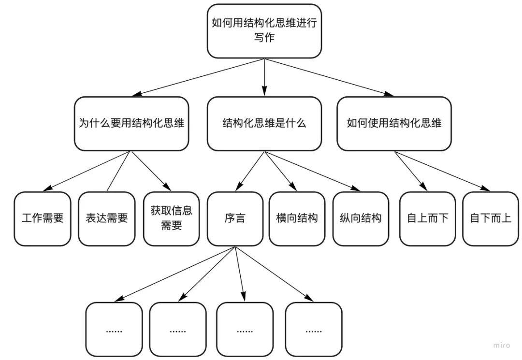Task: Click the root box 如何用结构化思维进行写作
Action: pos(264,30)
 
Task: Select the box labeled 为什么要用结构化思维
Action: pos(131,123)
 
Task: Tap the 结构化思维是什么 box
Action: pos(264,123)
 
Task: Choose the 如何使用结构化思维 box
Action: pos(394,123)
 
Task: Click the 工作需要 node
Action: pos(43,218)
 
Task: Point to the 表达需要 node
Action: pos(106,218)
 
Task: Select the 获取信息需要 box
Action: pos(171,218)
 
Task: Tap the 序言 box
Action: pos(235,218)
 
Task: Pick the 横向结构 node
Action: pos(297,218)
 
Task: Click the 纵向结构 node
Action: pos(361,218)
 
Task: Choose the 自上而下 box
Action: pos(427,218)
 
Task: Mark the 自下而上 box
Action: pos(491,218)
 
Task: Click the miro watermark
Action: pos(502,345)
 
